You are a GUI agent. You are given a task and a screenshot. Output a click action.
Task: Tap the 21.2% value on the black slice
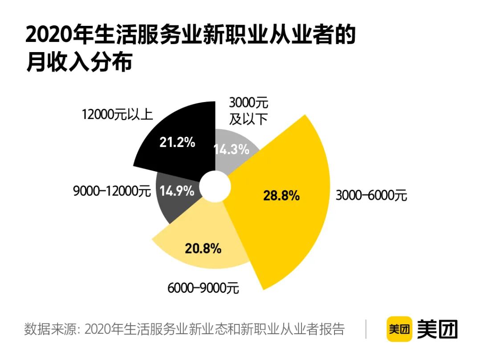click(177, 143)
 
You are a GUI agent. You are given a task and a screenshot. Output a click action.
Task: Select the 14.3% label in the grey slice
click(232, 150)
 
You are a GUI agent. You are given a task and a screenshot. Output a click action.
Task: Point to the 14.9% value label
click(177, 191)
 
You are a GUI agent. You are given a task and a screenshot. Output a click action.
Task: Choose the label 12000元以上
click(117, 115)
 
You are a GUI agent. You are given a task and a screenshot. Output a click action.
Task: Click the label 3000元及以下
click(249, 111)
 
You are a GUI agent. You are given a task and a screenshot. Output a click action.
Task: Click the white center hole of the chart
click(215, 188)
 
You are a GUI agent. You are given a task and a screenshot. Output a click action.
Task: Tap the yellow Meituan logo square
click(399, 329)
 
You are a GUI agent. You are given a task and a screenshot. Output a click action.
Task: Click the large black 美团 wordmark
click(437, 329)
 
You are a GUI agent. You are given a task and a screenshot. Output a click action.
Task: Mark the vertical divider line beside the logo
click(366, 329)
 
